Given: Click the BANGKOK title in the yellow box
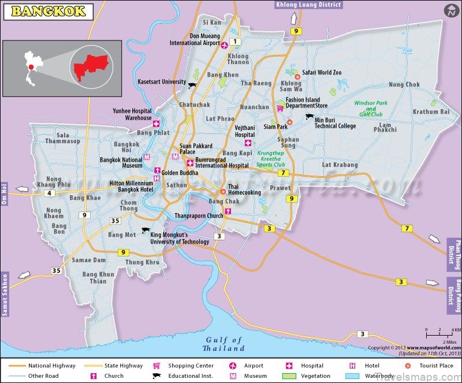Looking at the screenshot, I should [x=49, y=11].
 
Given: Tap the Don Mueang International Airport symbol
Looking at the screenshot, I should [x=225, y=46].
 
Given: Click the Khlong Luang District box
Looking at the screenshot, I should [x=308, y=5].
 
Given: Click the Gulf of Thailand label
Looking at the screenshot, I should [x=223, y=344].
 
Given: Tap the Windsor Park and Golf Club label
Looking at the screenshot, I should [x=371, y=109].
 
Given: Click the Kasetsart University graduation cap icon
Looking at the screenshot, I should [x=192, y=85].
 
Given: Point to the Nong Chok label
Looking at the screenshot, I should [x=404, y=84].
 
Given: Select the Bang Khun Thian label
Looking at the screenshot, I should [x=98, y=277].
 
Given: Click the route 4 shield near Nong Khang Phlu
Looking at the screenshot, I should [x=50, y=193].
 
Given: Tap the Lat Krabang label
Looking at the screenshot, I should [x=340, y=165].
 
